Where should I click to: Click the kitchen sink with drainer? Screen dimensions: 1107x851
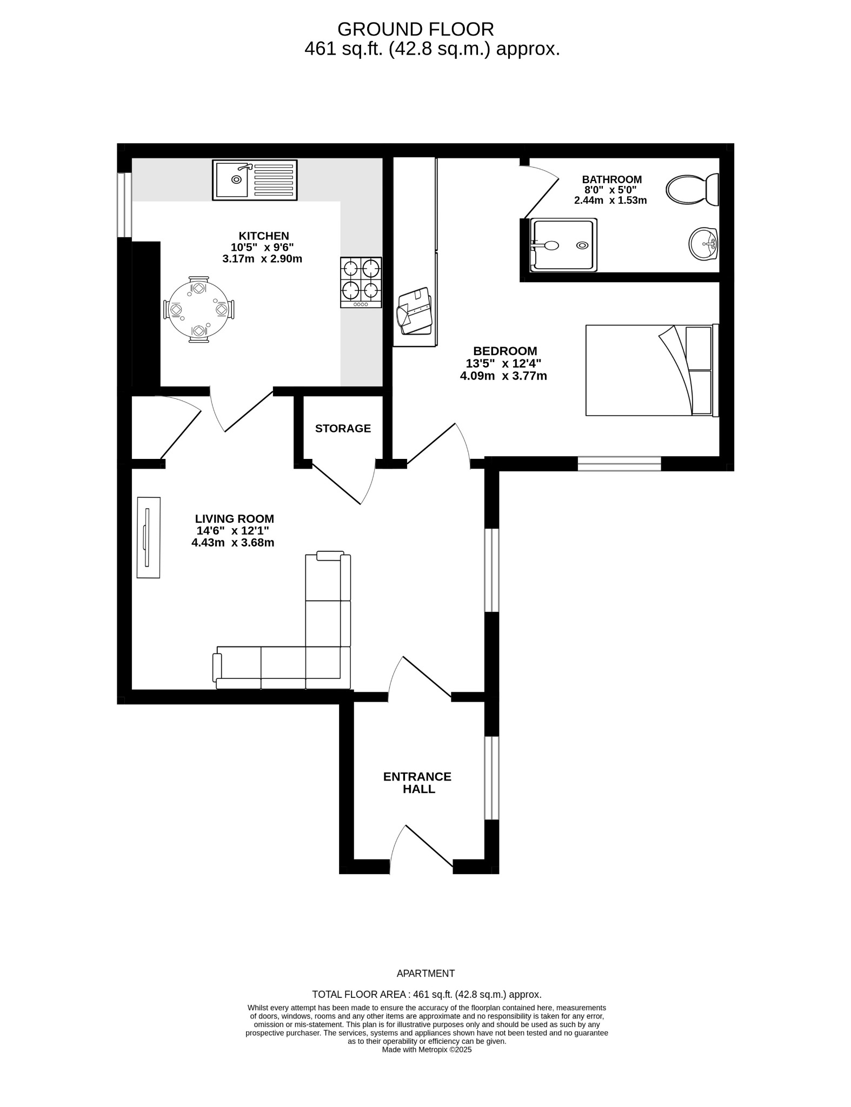[x=255, y=180]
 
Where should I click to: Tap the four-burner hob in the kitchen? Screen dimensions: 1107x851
[x=361, y=282]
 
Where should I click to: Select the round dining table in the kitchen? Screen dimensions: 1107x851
[x=199, y=310]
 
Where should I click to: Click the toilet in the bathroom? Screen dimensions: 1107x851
[x=692, y=190]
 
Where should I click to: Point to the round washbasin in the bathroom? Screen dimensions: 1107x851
[x=703, y=244]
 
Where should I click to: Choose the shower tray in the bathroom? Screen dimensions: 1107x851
[x=563, y=245]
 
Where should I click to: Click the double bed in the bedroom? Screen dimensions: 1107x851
[x=651, y=370]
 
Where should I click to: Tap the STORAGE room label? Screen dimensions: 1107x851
[x=343, y=429]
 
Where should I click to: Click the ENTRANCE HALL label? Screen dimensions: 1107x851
[x=417, y=783]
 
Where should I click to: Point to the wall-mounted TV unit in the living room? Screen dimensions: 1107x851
[x=148, y=537]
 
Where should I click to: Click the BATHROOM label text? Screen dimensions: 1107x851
[x=611, y=179]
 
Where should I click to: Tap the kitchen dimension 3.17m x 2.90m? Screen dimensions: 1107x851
[x=262, y=259]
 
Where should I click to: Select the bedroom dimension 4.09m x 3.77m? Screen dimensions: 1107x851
[x=503, y=376]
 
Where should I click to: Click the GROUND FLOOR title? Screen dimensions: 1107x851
[x=415, y=29]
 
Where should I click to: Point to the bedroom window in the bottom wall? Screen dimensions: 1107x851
[x=619, y=464]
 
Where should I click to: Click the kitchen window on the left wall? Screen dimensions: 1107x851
[x=124, y=205]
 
